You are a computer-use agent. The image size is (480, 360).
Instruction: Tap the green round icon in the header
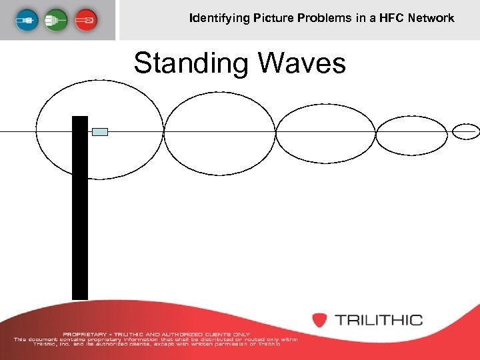(56, 19)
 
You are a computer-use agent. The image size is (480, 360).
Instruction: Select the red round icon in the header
(85, 19)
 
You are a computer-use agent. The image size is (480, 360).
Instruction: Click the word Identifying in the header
(219, 18)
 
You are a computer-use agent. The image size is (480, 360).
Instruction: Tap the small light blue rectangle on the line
(100, 131)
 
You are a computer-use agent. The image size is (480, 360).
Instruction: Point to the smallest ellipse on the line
(465, 131)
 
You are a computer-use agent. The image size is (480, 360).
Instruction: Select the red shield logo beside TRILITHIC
(320, 320)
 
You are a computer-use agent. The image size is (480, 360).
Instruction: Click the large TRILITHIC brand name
(379, 320)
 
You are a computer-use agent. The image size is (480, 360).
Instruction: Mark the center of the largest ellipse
(99, 131)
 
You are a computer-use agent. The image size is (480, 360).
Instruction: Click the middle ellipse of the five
(325, 133)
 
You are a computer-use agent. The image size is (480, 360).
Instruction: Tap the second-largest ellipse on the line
(219, 133)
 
